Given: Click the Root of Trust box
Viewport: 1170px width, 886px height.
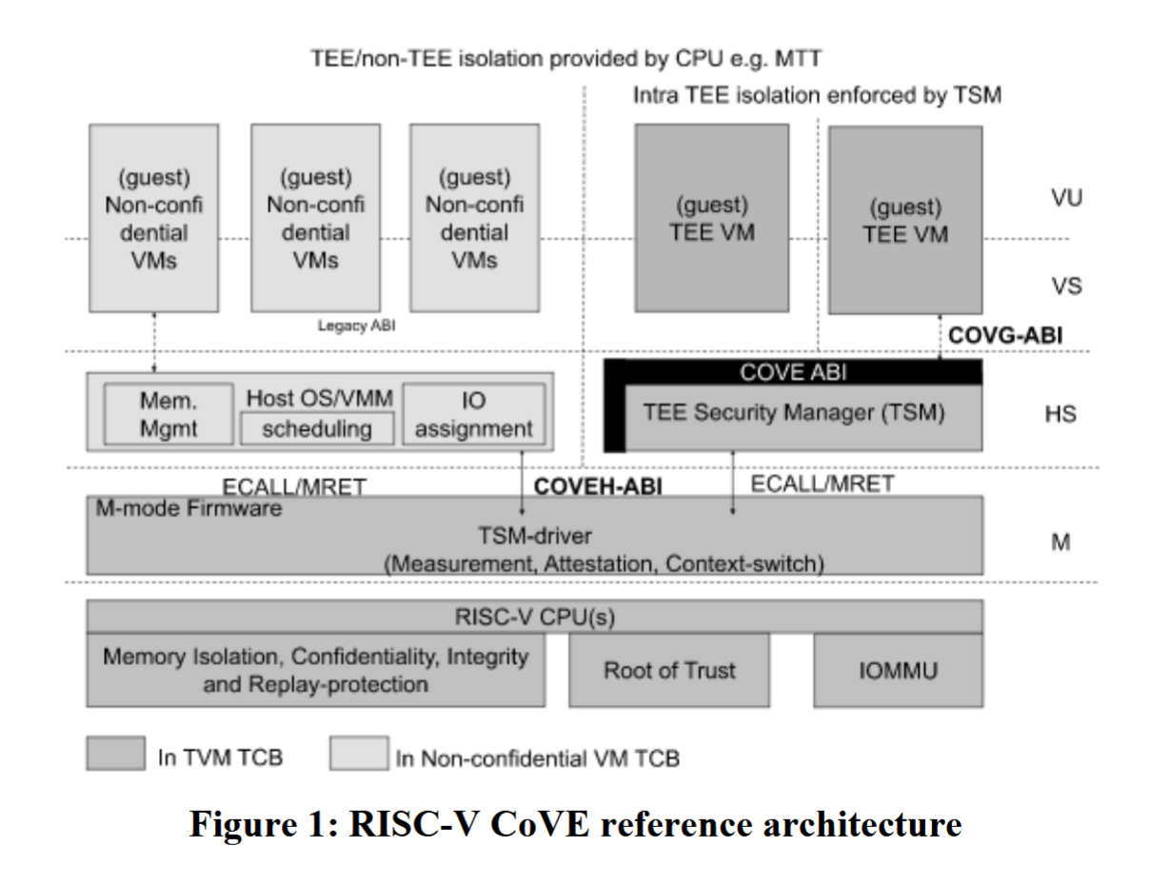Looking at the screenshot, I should tap(669, 671).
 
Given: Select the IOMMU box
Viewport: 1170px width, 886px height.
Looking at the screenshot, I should tap(898, 671).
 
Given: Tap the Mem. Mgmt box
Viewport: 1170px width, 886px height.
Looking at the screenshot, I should tap(168, 415).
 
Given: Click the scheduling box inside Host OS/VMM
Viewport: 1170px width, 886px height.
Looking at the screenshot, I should tap(316, 429).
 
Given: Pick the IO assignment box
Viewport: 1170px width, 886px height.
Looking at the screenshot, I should tap(473, 415).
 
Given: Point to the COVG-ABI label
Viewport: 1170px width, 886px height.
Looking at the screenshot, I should tap(1005, 335).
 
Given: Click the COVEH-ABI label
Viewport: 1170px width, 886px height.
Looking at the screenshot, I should tap(598, 486).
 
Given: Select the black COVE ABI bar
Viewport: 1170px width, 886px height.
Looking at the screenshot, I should tap(793, 372).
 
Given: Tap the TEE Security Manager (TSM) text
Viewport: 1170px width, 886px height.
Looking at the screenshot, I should tap(793, 414).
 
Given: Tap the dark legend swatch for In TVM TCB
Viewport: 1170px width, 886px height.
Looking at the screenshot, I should tap(115, 753).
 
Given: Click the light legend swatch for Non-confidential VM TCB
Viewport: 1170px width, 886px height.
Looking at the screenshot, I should tap(358, 753).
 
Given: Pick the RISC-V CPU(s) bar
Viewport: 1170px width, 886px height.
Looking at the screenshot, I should tap(534, 617).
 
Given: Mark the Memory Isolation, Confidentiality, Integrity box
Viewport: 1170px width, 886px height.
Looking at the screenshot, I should tap(315, 670).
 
